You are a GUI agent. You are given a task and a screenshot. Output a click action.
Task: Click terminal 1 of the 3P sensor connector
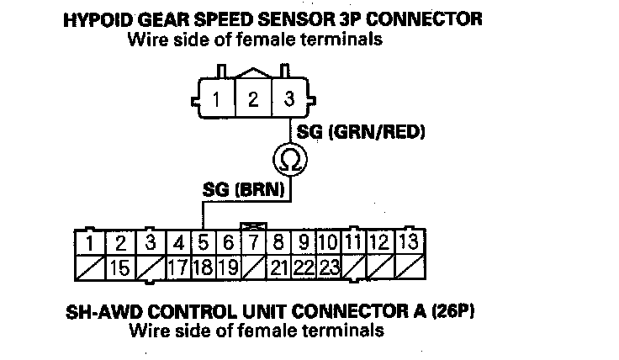218,99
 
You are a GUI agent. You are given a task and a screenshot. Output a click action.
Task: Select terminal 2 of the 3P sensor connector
253,99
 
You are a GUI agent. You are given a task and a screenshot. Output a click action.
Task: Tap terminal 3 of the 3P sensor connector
289,99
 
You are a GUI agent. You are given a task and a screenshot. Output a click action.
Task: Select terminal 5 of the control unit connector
204,244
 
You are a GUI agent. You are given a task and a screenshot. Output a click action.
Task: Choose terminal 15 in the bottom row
121,268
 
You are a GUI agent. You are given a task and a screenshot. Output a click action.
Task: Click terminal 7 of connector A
252,244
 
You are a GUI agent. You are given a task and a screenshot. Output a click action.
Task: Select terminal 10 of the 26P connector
330,244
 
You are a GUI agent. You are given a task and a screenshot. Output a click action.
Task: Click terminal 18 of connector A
204,268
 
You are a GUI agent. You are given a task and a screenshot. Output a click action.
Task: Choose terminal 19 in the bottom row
227,268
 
